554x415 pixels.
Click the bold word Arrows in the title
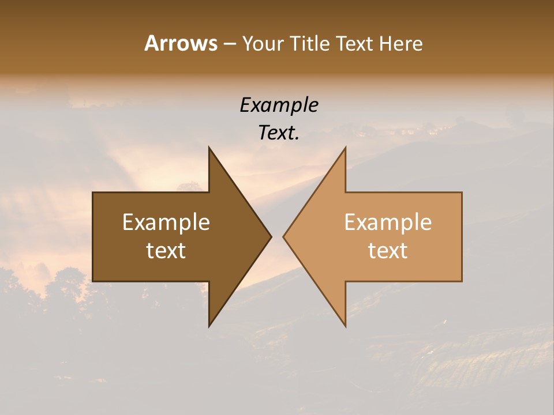click(181, 43)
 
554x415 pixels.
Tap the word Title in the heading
click(309, 43)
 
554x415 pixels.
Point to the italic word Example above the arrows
click(279, 105)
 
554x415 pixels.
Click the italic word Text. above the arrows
click(279, 133)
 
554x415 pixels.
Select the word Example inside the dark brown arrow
click(166, 222)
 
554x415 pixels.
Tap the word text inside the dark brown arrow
click(166, 251)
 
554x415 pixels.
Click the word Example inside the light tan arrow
click(388, 222)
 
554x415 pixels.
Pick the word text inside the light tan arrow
click(388, 251)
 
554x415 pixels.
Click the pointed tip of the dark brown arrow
click(271, 236)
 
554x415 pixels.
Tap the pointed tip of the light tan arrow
click(283, 236)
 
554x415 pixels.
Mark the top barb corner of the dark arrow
click(209, 147)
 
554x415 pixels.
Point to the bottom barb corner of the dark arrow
click(209, 326)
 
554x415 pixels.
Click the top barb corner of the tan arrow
click(345, 147)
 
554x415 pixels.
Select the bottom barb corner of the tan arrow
click(345, 326)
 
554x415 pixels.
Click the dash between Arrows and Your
click(229, 44)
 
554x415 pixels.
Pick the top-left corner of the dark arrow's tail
click(93, 193)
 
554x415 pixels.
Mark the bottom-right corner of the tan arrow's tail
click(462, 281)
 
